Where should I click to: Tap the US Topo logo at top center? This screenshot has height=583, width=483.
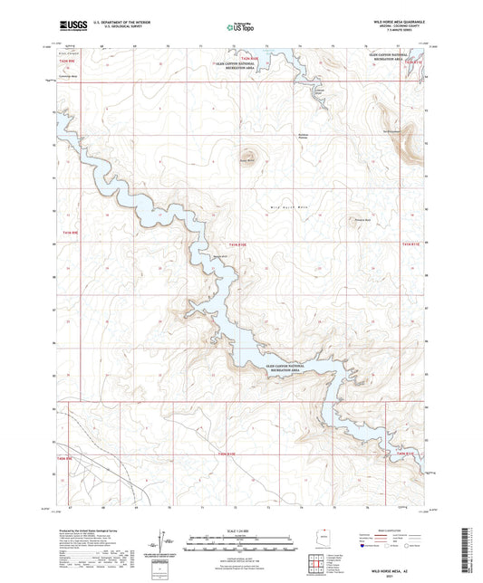click(241, 28)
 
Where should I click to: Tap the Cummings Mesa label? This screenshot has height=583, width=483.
click(68, 78)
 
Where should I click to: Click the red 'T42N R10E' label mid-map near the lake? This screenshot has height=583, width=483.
click(237, 244)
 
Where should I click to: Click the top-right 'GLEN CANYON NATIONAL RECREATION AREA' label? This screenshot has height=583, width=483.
click(394, 58)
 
